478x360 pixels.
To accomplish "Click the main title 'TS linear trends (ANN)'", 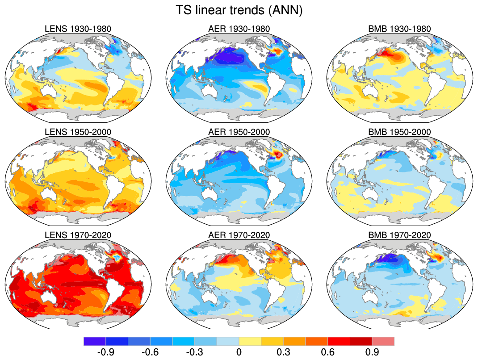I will (x=239, y=10).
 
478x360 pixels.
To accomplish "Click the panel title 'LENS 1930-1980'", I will (x=78, y=29).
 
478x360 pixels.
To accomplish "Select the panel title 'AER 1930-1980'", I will (x=239, y=29).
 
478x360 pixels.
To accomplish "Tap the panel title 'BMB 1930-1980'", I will (x=400, y=29).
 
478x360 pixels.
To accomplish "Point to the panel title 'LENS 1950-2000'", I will (x=78, y=132).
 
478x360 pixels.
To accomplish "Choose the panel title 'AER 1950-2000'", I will (x=239, y=132).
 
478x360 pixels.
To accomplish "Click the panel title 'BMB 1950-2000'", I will (x=400, y=132).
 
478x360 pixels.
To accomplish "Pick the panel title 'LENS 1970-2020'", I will (x=78, y=235).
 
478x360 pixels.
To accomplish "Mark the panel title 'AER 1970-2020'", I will (x=239, y=235).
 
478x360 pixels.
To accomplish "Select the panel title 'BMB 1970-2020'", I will (x=400, y=235).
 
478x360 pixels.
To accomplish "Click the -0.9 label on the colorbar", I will (x=105, y=352).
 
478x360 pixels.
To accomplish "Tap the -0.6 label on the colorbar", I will (x=150, y=352).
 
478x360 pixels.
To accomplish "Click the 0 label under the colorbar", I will (x=239, y=352).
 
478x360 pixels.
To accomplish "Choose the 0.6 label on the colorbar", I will (x=327, y=352).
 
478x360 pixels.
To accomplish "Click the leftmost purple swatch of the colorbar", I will (x=94, y=341).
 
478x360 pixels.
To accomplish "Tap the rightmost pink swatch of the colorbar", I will (x=383, y=341).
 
